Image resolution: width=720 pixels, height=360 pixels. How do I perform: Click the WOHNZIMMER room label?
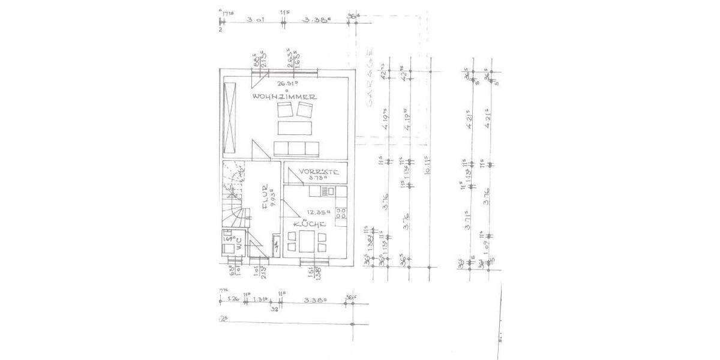(284, 97)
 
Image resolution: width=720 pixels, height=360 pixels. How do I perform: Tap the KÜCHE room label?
(310, 224)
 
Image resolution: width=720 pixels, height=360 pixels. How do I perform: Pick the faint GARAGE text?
(370, 83)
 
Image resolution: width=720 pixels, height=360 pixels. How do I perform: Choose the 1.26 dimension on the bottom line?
(234, 299)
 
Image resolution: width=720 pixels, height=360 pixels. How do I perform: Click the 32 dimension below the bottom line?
(274, 310)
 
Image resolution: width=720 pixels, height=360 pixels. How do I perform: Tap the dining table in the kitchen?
(306, 241)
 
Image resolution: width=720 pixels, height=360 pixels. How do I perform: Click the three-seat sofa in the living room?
(296, 148)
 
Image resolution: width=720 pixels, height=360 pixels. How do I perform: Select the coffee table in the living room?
(294, 128)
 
